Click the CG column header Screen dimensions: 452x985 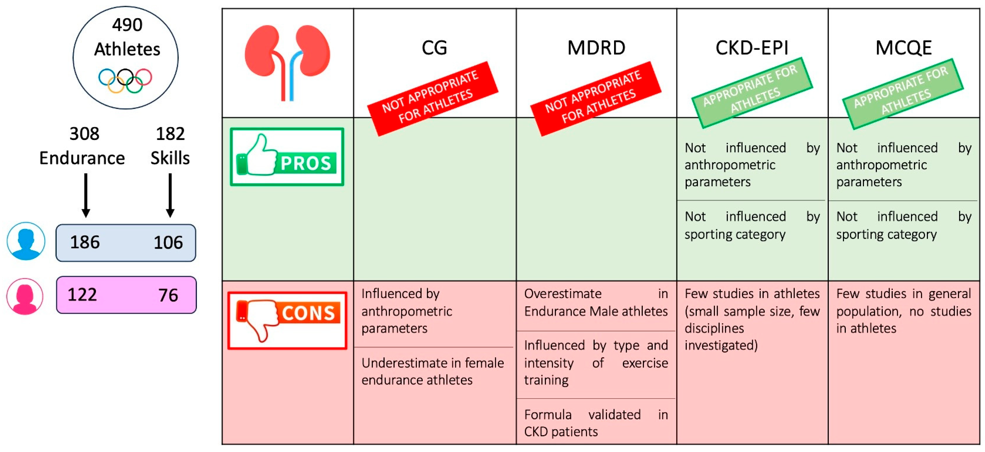434,48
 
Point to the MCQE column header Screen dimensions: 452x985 903,48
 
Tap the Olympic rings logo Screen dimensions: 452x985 125,81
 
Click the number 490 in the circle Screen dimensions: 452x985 127,25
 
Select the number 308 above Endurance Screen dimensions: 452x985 84,134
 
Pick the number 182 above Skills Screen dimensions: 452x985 170,134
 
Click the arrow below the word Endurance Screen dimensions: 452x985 86,195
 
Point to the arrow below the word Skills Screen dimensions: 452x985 170,195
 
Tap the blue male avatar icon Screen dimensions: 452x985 26,241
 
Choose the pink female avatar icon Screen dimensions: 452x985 25,296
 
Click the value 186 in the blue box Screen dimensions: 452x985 85,242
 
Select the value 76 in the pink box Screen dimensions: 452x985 168,295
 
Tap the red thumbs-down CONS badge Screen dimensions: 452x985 287,320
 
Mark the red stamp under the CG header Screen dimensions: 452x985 432,99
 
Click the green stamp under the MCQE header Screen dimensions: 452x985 902,94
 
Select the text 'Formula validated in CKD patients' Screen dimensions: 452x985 595,423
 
